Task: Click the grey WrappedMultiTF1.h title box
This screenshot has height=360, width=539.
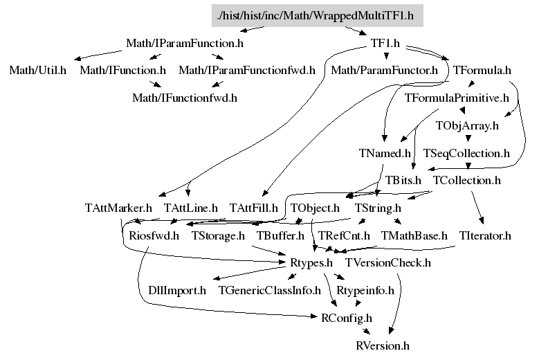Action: coord(318,16)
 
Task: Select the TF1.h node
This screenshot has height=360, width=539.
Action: coord(385,44)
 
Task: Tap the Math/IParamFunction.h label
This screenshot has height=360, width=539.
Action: coord(185,44)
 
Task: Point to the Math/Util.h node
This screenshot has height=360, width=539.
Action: coord(37,70)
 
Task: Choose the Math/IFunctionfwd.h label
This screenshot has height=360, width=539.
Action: coord(185,98)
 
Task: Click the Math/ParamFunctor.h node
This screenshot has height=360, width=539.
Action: coord(384,70)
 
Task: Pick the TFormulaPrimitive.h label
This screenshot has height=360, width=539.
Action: coord(457,98)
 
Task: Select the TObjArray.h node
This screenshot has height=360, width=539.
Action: coord(467,125)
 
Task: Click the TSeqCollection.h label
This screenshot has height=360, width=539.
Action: coord(466,153)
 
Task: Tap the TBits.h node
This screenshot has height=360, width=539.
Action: coord(403,180)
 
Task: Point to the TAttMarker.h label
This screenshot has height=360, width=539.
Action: coord(118,208)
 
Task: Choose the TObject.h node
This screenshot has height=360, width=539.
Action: coord(315,208)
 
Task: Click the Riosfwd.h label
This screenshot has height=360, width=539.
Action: coord(154,235)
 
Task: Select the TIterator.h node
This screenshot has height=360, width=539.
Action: coord(485,235)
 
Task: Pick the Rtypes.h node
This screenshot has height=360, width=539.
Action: coord(311,262)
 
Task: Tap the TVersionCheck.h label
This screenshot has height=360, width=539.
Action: coord(388,262)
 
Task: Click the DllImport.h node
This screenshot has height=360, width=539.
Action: coord(177,291)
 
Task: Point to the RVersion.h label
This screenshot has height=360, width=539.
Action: coord(383,345)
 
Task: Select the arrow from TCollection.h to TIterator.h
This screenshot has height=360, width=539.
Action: coord(477,208)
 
